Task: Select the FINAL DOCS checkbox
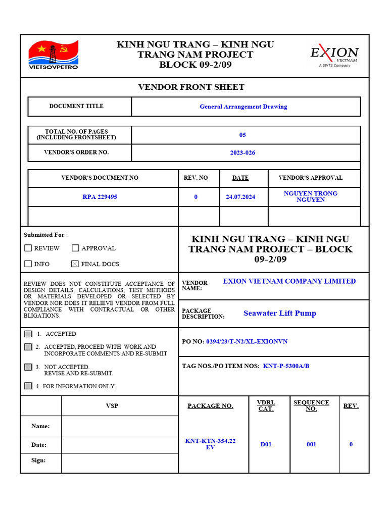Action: click(x=75, y=264)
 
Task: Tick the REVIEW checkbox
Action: click(x=28, y=248)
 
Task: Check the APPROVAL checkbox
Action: click(x=75, y=248)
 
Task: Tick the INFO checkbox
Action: click(x=28, y=264)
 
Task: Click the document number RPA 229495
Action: click(x=100, y=197)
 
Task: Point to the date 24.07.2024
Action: click(x=240, y=197)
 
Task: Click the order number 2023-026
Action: click(x=243, y=152)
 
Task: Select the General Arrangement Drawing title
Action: click(x=243, y=107)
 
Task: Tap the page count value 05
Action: click(x=243, y=135)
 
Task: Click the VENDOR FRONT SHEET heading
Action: click(x=191, y=87)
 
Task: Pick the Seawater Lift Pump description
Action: click(x=280, y=313)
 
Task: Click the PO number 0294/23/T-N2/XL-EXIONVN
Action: click(x=247, y=341)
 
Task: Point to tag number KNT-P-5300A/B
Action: click(x=286, y=366)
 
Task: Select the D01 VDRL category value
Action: click(x=266, y=444)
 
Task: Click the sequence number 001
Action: click(x=311, y=444)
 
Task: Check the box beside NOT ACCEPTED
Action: click(x=28, y=367)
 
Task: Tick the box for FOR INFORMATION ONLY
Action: click(x=28, y=386)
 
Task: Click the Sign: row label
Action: click(x=38, y=460)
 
